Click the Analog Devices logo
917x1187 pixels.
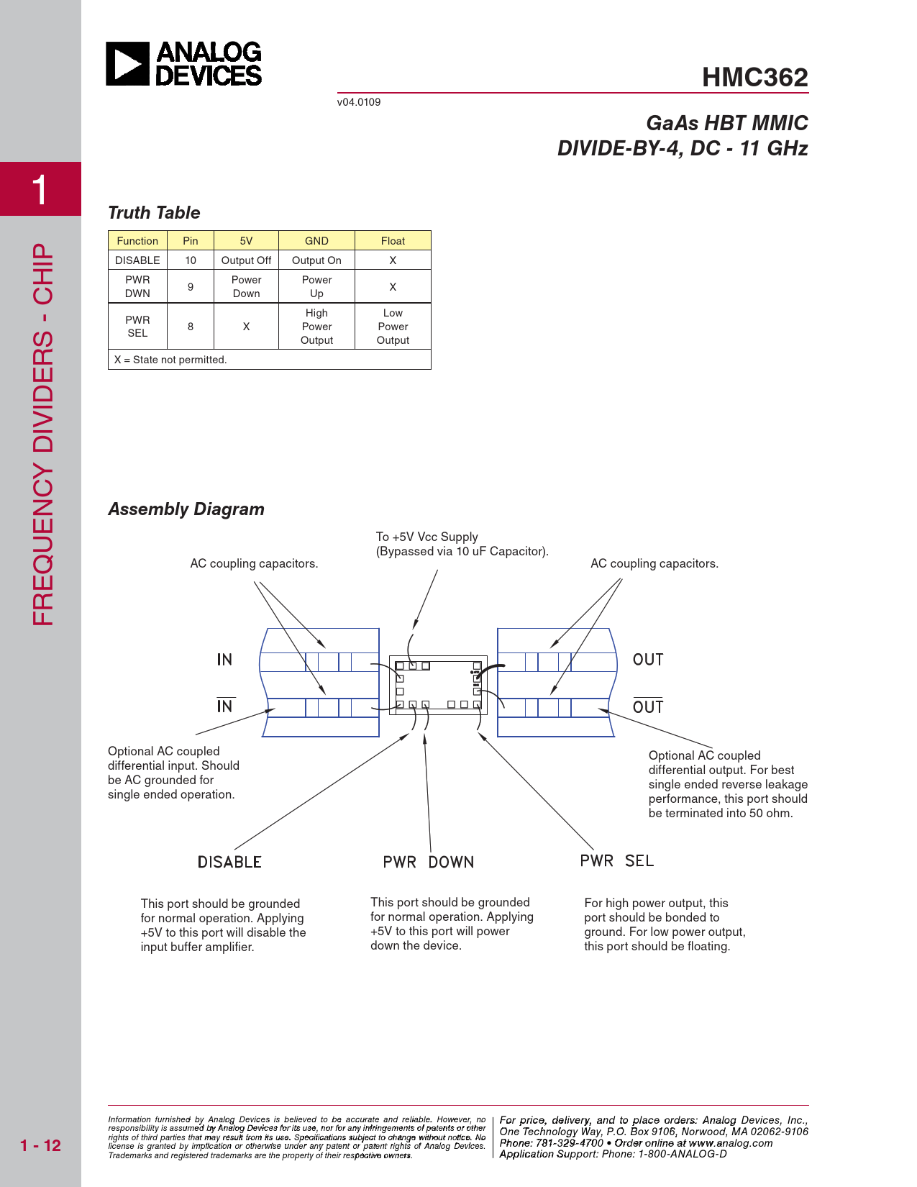coord(184,64)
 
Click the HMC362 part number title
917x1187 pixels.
coord(754,77)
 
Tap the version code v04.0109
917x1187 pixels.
coord(359,102)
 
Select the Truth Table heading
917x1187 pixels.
coord(154,213)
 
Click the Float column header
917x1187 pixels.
coord(393,241)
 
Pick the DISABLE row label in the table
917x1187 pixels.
coord(137,260)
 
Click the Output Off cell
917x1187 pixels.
coord(246,260)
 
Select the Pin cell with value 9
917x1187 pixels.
coord(191,286)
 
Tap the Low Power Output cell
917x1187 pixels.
coord(393,327)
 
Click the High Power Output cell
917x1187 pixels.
coord(316,327)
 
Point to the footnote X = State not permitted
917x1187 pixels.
coord(170,360)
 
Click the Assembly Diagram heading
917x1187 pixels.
coord(186,509)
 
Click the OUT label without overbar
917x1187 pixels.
coord(648,660)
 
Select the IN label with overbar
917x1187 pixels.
coord(225,706)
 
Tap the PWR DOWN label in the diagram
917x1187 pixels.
coord(429,862)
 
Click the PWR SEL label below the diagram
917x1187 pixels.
coord(617,861)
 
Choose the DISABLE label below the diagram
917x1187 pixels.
coord(229,862)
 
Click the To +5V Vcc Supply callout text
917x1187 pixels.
coord(427,537)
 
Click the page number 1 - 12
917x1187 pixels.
coord(41,1145)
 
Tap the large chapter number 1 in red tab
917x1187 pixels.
coord(40,190)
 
